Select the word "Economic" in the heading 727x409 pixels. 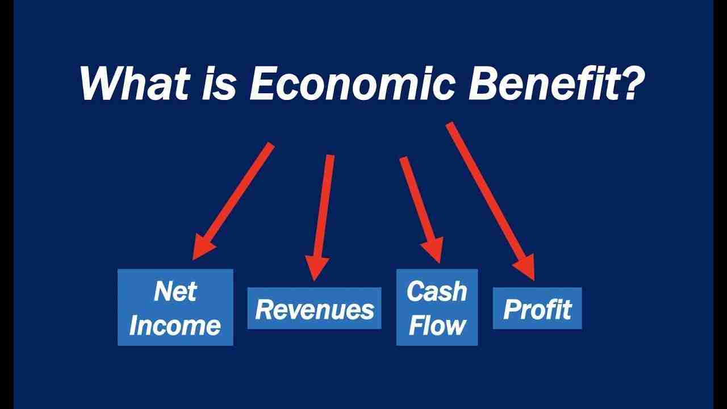coord(353,84)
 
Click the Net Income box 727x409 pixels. coord(175,307)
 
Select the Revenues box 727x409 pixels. coord(314,308)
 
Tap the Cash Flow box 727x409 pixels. coord(437,307)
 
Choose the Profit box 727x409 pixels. coord(537,308)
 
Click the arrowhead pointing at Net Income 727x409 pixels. coord(202,247)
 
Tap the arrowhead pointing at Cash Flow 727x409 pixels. coord(432,249)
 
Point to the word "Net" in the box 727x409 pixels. coord(174,291)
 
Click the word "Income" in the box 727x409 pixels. coord(175,325)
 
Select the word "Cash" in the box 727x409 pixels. coord(436,291)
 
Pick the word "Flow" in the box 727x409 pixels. coord(437,325)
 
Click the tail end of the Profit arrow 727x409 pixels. coord(450,126)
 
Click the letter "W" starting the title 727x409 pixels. coord(100,84)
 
